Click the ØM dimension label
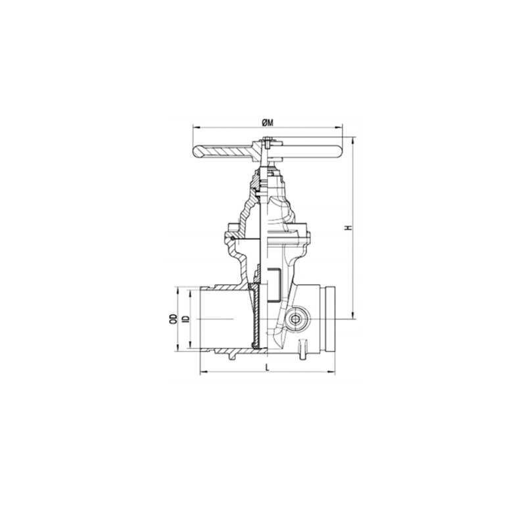(x=268, y=123)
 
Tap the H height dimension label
(x=349, y=227)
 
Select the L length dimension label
(x=268, y=368)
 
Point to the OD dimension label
(x=173, y=319)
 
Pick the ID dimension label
(x=186, y=319)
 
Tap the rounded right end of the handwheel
(x=337, y=152)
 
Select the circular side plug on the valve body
(x=295, y=319)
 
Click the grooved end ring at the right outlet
(x=330, y=319)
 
